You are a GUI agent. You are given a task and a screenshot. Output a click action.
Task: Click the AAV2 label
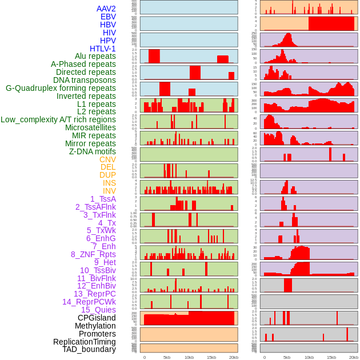pos(106,9)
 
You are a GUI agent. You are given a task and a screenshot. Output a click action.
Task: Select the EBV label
pos(108,17)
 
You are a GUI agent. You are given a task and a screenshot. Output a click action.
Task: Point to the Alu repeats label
pos(95,56)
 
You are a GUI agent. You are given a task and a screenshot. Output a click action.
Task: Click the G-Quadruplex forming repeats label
pos(61,88)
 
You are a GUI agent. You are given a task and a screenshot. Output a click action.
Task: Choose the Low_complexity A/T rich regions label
pos(58,119)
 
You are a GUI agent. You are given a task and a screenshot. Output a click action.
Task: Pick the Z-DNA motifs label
pos(92,151)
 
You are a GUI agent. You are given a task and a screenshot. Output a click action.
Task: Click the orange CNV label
pos(107,159)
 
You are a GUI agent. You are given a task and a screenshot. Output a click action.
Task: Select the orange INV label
pos(109,191)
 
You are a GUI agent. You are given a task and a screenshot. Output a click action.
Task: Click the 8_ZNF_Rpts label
pos(93,254)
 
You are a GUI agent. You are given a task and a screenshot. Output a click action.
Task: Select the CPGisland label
pos(97,318)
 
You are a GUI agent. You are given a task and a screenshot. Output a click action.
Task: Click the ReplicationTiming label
pos(85,342)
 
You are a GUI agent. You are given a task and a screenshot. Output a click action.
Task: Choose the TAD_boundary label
pos(89,349)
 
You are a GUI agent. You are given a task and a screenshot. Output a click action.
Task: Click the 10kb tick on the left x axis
pos(189,357)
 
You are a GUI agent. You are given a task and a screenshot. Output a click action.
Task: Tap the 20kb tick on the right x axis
pos(354,357)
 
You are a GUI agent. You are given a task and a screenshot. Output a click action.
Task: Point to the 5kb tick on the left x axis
pos(167,357)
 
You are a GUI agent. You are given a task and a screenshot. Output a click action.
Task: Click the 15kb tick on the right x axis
pos(331,357)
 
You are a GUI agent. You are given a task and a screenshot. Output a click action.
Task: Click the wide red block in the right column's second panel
pos(331,23)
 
